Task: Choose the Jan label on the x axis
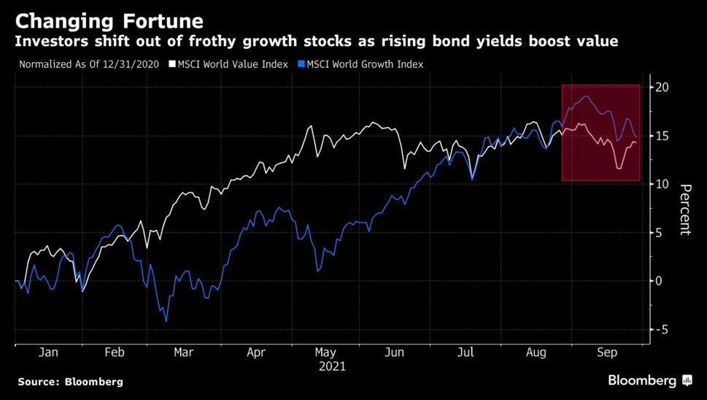click(49, 353)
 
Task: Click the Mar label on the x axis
click(184, 353)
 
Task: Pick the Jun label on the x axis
click(394, 353)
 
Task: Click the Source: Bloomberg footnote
click(71, 382)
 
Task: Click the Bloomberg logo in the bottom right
click(649, 380)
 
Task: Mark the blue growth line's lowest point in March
click(166, 321)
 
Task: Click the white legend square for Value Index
click(172, 64)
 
